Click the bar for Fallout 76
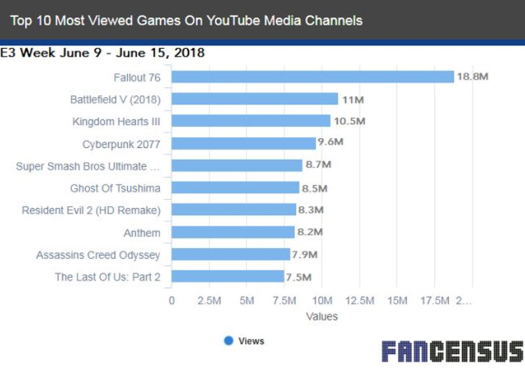click(313, 76)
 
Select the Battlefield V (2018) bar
click(254, 99)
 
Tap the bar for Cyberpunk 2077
click(244, 143)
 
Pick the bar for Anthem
click(233, 232)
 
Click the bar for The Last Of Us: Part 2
click(228, 276)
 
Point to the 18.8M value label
click(473, 76)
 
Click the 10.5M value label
click(350, 121)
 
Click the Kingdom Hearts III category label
click(116, 121)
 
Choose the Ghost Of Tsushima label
click(115, 188)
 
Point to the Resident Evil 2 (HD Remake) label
click(91, 210)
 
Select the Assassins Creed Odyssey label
click(98, 255)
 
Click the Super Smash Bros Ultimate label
click(88, 166)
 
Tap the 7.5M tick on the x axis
click(284, 300)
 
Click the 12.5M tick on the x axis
click(360, 300)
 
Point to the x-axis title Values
click(322, 316)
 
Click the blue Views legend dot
click(228, 341)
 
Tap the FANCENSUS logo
click(452, 351)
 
